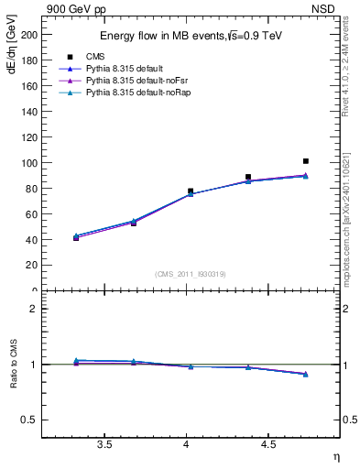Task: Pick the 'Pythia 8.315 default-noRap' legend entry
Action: (134, 93)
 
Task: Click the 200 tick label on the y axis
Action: (27, 35)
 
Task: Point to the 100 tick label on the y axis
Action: (27, 163)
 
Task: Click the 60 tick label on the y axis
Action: (30, 214)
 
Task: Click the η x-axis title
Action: (335, 456)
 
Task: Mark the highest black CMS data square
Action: (306, 161)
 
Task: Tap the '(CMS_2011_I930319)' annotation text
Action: (191, 274)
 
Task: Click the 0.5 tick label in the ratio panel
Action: (28, 420)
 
